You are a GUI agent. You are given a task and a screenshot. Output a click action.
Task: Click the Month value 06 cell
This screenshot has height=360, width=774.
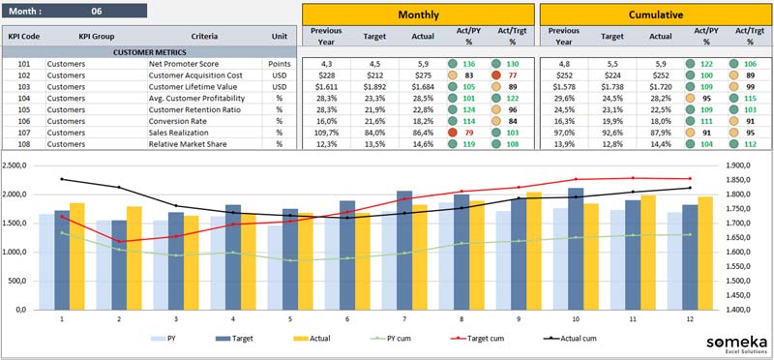pos(96,11)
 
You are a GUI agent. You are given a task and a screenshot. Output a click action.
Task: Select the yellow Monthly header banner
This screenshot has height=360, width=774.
pos(417,15)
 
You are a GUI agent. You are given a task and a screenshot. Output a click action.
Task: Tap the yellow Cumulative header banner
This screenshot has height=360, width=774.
pos(655,15)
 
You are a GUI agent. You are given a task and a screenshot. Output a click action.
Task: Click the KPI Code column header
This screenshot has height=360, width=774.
pos(24,36)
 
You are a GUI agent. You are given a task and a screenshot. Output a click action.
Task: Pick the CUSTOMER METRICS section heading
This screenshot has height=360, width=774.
pos(150,52)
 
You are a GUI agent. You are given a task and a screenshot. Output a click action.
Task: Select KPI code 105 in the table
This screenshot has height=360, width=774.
pos(24,109)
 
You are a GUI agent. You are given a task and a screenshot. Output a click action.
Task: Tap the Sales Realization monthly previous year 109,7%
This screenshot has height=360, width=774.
pos(326,133)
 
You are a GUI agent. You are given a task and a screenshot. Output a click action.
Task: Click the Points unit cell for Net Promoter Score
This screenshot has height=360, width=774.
pos(280,64)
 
